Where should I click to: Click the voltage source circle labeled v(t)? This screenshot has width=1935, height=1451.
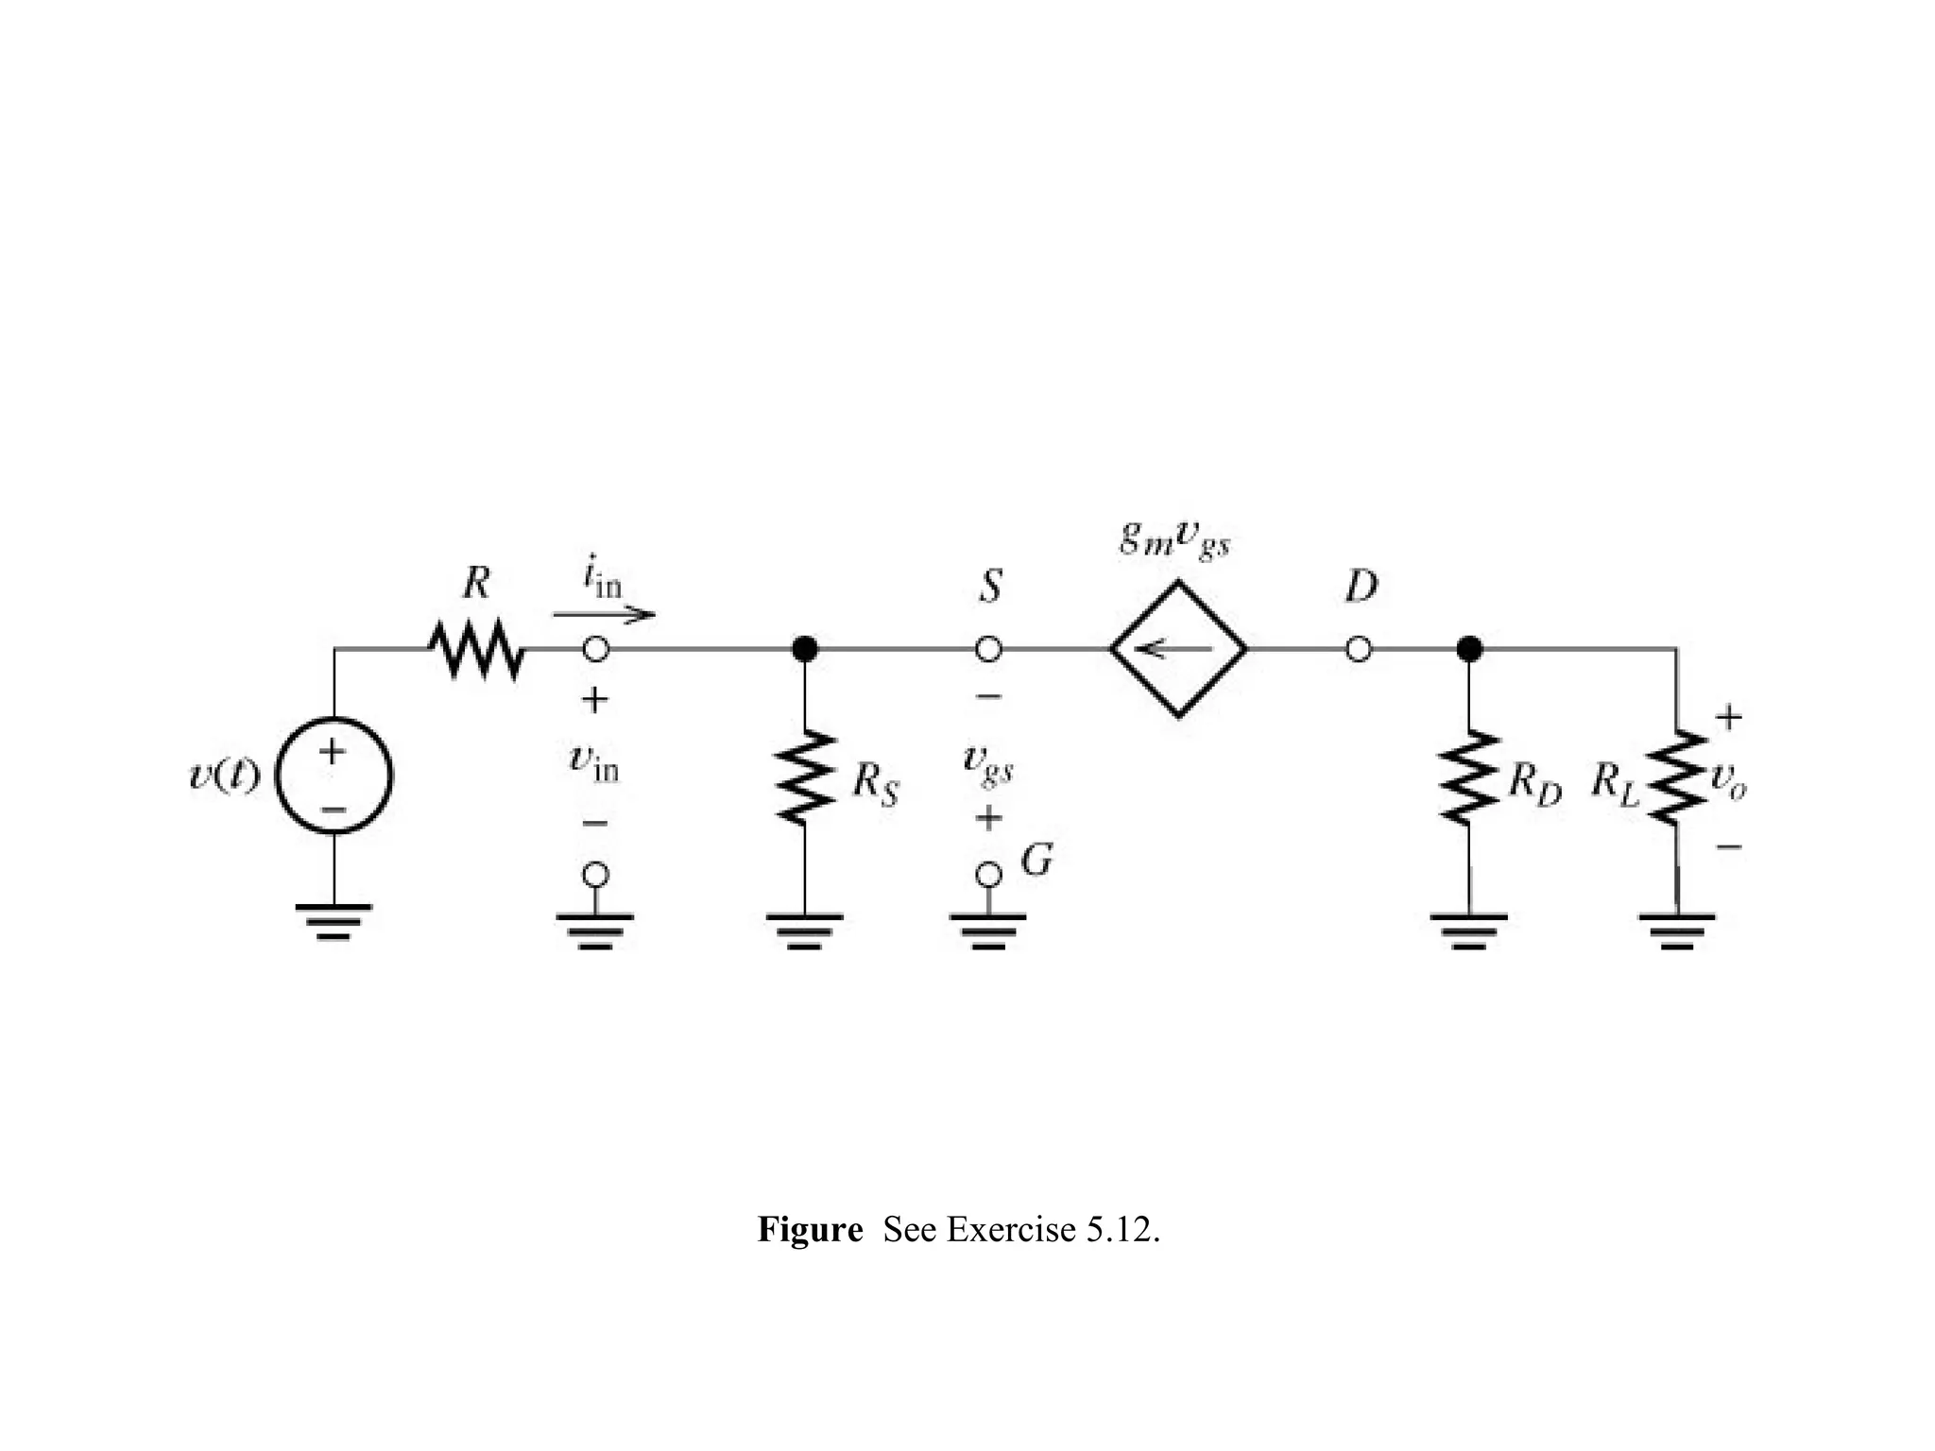334,775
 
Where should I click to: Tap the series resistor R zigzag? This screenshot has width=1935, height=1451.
475,649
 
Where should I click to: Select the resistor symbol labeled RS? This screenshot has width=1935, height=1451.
804,777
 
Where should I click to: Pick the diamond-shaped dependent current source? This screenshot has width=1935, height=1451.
1178,649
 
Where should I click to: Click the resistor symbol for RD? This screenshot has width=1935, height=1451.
1468,777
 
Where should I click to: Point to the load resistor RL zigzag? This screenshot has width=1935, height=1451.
1676,777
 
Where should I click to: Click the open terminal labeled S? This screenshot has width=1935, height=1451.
988,649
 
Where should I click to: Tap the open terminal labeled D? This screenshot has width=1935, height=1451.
1358,649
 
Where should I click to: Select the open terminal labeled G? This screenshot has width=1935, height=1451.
988,875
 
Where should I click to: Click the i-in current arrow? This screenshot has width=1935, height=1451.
604,615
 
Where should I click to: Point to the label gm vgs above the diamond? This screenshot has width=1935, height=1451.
1174,540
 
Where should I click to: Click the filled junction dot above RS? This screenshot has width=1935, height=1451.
804,649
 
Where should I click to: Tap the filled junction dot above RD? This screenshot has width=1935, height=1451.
1468,649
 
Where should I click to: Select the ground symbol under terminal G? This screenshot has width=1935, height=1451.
988,929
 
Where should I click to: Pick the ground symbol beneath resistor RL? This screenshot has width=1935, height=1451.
1676,929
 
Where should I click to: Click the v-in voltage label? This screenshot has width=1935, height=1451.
594,762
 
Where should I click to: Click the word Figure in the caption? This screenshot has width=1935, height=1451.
810,1230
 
